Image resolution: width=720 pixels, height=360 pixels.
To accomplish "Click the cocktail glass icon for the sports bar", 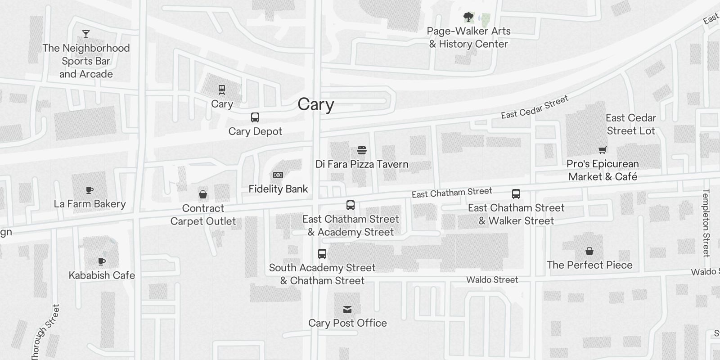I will (x=86, y=34).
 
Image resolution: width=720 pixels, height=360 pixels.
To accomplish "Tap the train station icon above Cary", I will (x=222, y=90).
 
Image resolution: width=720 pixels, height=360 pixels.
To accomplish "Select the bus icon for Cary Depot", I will (x=255, y=117).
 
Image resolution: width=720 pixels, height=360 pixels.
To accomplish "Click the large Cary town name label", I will (x=316, y=104).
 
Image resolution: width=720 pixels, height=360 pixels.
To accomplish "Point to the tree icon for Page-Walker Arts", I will (x=468, y=18).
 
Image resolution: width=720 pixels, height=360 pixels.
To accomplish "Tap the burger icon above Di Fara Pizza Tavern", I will (x=362, y=150).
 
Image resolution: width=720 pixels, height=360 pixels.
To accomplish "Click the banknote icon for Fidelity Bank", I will (x=278, y=175).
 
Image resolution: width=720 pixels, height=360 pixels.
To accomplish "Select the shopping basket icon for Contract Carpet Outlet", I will (x=203, y=194).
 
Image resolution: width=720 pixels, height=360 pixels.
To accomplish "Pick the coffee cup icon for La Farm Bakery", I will (x=90, y=190).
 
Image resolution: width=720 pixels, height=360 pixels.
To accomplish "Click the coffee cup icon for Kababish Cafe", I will (x=102, y=261).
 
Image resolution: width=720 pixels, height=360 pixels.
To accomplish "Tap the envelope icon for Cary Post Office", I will (x=347, y=309).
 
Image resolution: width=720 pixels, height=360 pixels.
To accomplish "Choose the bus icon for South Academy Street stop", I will (x=322, y=253).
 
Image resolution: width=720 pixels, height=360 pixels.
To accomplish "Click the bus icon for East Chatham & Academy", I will (x=351, y=205).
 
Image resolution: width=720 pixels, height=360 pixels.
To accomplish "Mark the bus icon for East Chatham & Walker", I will (x=516, y=194).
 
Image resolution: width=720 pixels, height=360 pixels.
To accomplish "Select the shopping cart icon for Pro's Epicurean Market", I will (x=603, y=150).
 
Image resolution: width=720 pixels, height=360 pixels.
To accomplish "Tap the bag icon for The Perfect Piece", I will (x=589, y=251).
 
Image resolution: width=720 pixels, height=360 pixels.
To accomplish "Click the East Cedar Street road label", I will (x=535, y=107).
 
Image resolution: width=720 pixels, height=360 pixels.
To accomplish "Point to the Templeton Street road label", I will (x=706, y=223).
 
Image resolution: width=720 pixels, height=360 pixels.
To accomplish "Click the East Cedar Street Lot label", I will (x=631, y=124).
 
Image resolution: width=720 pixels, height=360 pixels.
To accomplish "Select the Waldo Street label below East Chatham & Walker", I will (x=492, y=280).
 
